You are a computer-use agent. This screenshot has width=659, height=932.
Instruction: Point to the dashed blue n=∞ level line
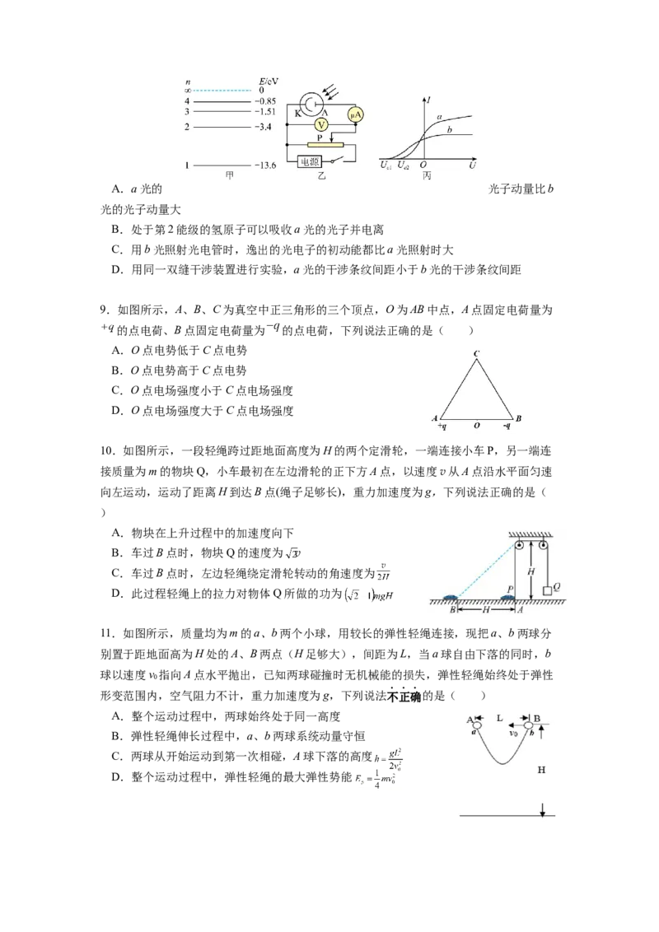tap(222, 91)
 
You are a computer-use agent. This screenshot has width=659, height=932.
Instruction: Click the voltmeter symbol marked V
tap(323, 124)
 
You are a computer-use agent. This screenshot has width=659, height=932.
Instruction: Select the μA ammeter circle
tap(356, 114)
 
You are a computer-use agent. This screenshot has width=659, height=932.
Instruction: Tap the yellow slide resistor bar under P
tap(328, 145)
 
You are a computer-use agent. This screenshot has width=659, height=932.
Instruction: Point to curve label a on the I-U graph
tap(440, 117)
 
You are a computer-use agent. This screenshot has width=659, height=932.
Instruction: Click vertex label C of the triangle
tap(476, 354)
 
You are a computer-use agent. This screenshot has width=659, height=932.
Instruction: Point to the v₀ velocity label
tap(513, 733)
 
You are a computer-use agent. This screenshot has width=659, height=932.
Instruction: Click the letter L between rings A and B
tap(500, 719)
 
